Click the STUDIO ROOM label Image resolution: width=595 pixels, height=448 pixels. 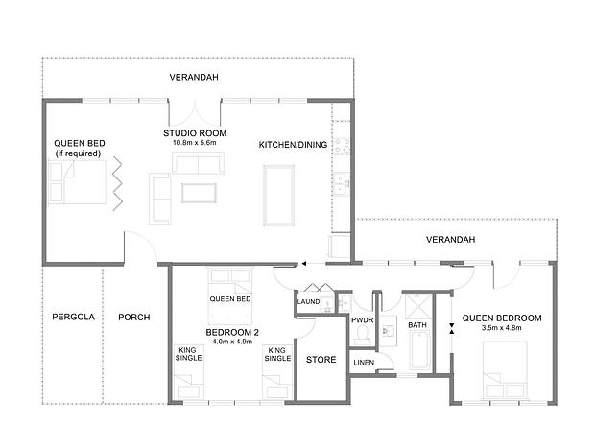pos(195,133)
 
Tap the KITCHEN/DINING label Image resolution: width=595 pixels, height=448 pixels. pos(293,145)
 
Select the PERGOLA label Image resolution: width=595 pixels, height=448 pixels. pos(73,317)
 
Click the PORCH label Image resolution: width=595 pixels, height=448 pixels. pos(134,318)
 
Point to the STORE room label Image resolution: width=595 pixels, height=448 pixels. pos(321,359)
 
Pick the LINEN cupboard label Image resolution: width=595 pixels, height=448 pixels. pos(364,363)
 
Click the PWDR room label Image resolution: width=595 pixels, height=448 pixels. pos(363,320)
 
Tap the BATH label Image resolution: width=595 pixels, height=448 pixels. pos(417,325)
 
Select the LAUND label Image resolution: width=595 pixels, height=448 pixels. pos(308,302)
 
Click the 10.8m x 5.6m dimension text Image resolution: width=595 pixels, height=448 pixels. pos(194,143)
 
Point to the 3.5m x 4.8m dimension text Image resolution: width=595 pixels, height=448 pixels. pos(502,328)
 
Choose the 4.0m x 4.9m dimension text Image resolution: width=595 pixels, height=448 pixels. pos(232,342)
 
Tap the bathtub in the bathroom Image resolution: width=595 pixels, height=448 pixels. pos(419,350)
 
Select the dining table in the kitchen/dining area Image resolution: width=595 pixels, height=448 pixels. pos(279,196)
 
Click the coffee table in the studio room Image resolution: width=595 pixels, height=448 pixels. pos(199,193)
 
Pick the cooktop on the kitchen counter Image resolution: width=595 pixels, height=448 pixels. pos(342,146)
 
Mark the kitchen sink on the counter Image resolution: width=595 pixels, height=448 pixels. pos(342,184)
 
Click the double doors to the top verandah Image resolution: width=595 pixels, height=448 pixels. pos(195,110)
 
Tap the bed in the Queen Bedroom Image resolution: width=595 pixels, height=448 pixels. pos(505,370)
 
